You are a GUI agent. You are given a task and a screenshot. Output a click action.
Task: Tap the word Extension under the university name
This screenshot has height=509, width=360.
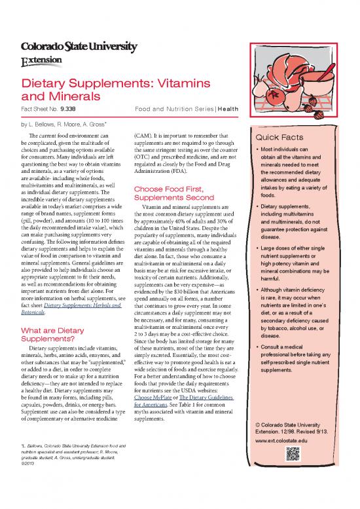pos(42,60)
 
